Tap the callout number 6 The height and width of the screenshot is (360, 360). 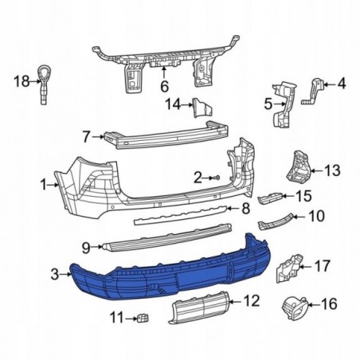(x=165, y=86)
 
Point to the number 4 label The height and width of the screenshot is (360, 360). (x=342, y=83)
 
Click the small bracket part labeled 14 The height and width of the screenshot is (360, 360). (x=200, y=106)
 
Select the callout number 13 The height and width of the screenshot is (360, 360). (x=331, y=170)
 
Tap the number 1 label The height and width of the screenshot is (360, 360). (x=44, y=186)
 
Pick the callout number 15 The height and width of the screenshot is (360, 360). (x=303, y=196)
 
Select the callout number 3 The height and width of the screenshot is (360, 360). (x=54, y=275)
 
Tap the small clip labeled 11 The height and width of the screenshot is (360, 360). (x=143, y=318)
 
